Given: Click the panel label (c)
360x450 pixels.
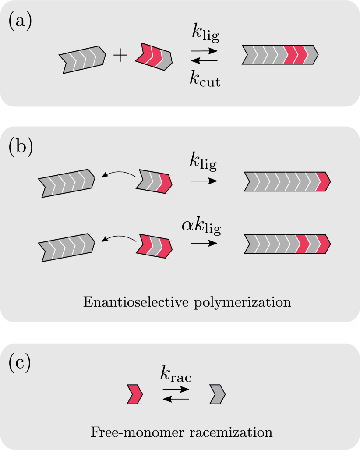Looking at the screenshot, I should pos(20,364).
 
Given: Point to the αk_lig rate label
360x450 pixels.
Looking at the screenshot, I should pos(201,227).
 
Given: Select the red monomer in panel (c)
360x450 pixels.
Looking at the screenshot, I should pos(134,394).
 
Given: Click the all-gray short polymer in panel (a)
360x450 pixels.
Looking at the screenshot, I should pos(82,59).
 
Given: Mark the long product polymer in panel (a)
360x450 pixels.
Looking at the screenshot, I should pos(279,55).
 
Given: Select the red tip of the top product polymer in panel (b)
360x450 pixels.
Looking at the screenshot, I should pos(324,182).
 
